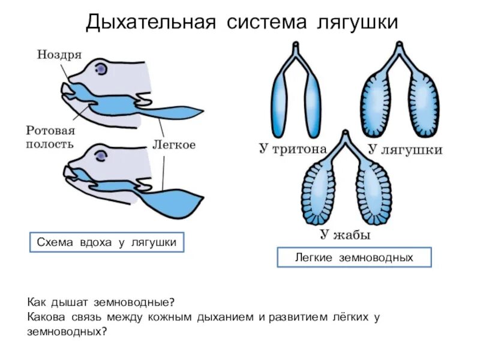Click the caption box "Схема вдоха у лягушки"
point(107,242)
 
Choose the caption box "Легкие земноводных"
point(354,257)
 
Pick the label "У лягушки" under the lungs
point(404,149)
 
